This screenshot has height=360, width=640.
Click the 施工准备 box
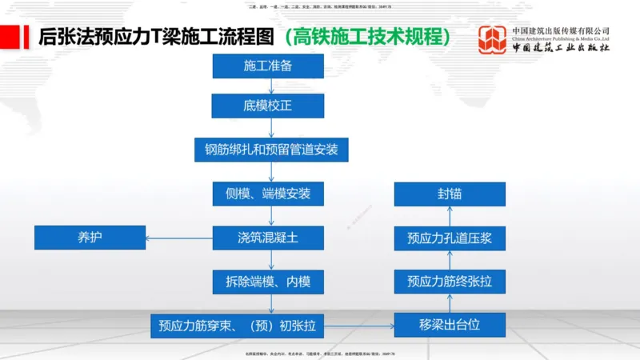coord(268,66)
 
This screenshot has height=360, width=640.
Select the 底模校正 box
coord(268,106)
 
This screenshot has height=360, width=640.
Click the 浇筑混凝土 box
coord(268,238)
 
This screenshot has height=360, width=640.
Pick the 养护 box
coord(90,238)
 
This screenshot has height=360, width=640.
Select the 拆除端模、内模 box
coord(268,282)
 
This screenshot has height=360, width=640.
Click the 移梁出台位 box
coord(450,326)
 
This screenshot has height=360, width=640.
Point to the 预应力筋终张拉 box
coord(450,282)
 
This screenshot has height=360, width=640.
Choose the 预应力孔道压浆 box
coord(450,238)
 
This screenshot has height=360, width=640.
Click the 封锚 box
coord(450,194)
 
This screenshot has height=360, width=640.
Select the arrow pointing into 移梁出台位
coord(365,326)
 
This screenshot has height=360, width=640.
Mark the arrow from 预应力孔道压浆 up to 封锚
coord(450,216)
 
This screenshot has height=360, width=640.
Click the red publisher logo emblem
coord(492,39)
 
